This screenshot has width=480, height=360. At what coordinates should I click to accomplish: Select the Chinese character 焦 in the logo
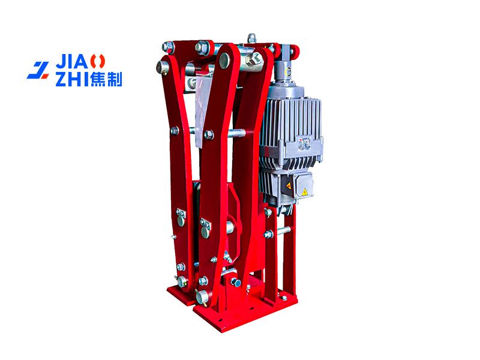point(98,79)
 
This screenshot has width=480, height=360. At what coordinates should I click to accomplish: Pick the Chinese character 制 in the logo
point(115,79)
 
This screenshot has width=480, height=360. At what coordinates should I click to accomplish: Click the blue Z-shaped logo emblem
point(38,70)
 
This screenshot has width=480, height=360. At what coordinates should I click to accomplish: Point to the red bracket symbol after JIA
point(97,62)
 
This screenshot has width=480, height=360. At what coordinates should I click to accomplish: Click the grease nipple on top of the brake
point(251,38)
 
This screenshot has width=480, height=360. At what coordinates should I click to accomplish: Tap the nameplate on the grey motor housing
point(304,143)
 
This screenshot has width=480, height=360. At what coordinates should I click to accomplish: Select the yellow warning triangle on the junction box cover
point(304,192)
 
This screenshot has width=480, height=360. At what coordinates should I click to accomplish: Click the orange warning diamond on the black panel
point(288,186)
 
